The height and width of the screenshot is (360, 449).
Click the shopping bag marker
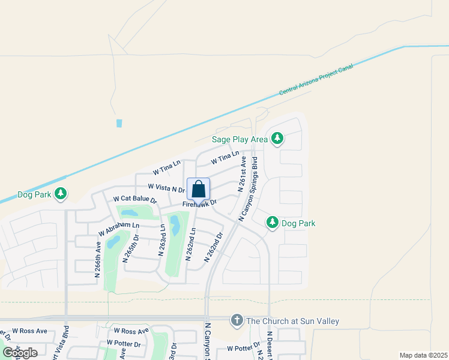(199, 190)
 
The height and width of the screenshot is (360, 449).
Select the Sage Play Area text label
(240, 139)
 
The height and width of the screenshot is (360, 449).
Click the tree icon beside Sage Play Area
(277, 139)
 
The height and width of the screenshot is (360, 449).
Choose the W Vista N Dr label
(166, 188)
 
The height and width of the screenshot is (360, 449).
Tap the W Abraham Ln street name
(119, 229)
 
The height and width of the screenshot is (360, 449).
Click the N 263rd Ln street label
(161, 240)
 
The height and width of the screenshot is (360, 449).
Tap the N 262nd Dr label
(213, 247)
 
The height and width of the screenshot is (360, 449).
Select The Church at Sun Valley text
(292, 322)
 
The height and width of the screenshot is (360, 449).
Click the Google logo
(20, 353)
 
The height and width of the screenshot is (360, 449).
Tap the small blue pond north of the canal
(119, 123)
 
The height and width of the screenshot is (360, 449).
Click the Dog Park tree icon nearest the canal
(60, 194)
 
